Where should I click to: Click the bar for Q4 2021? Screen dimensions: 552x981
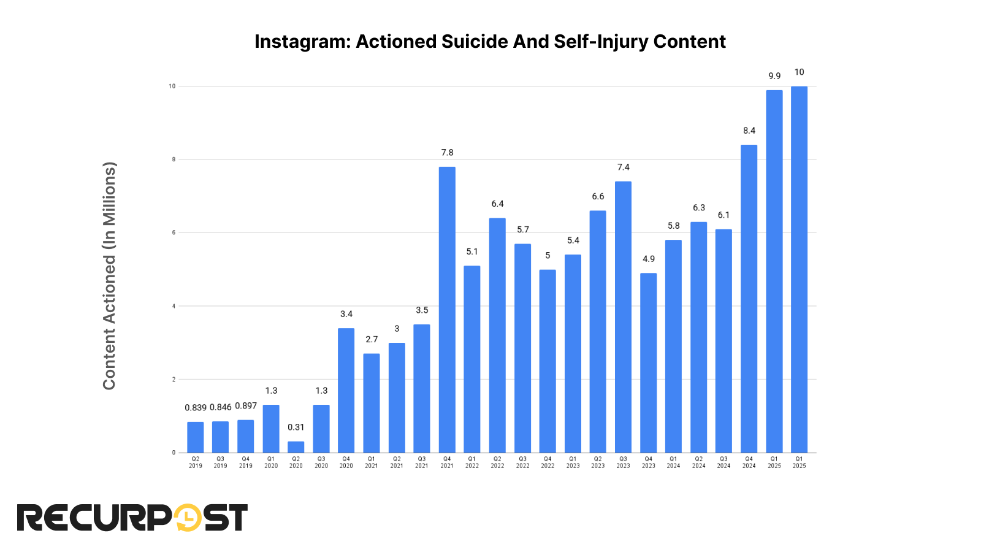(x=447, y=310)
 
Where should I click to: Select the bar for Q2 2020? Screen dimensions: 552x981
(x=296, y=447)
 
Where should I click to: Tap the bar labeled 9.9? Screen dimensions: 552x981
(x=774, y=271)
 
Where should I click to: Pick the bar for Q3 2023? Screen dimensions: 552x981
(x=623, y=317)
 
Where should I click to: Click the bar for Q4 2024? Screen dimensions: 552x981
(x=749, y=299)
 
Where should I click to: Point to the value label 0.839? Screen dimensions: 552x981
(x=196, y=408)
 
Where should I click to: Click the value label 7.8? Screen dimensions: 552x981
(x=447, y=153)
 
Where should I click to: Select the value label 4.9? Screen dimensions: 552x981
(x=649, y=259)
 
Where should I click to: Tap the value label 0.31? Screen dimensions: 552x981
(x=296, y=427)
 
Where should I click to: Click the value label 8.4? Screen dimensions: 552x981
(x=749, y=131)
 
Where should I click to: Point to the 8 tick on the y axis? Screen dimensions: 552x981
(x=174, y=159)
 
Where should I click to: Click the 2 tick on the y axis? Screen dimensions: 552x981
(x=174, y=380)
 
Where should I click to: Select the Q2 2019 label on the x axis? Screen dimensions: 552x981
(x=195, y=462)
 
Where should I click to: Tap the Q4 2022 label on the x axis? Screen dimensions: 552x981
(x=548, y=462)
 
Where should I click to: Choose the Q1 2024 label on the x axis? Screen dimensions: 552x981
(x=673, y=462)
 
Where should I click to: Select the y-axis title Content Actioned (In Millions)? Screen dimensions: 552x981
(x=109, y=275)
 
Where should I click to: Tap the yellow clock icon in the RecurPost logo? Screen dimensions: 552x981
(x=188, y=518)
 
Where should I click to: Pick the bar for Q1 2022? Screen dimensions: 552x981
(x=472, y=359)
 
